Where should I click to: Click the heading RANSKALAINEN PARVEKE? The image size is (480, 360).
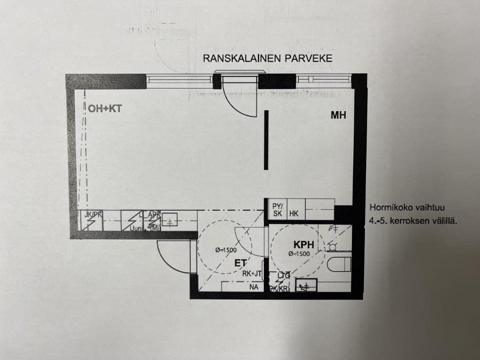coord(267,58)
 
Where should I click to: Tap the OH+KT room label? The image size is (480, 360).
coord(104,108)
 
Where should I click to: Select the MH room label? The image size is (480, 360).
coord(338,115)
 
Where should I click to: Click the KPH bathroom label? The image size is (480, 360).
coord(304,245)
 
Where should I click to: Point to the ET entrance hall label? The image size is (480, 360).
coord(241,262)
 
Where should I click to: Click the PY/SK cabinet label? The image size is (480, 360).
coord(277,209)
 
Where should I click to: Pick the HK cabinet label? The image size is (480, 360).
coord(294,213)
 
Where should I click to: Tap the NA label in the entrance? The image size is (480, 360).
coord(254,287)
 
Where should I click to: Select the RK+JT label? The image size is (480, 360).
coord(252,273)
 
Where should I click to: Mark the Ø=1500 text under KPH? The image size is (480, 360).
coord(299,253)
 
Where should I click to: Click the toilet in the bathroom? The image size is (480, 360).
coord(339,264)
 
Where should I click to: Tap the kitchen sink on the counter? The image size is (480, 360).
coord(170,219)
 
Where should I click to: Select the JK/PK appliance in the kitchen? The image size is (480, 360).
coord(91,220)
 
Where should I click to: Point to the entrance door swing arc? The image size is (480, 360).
coord(172,256)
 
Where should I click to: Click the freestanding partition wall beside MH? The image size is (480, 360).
coord(266,140)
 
